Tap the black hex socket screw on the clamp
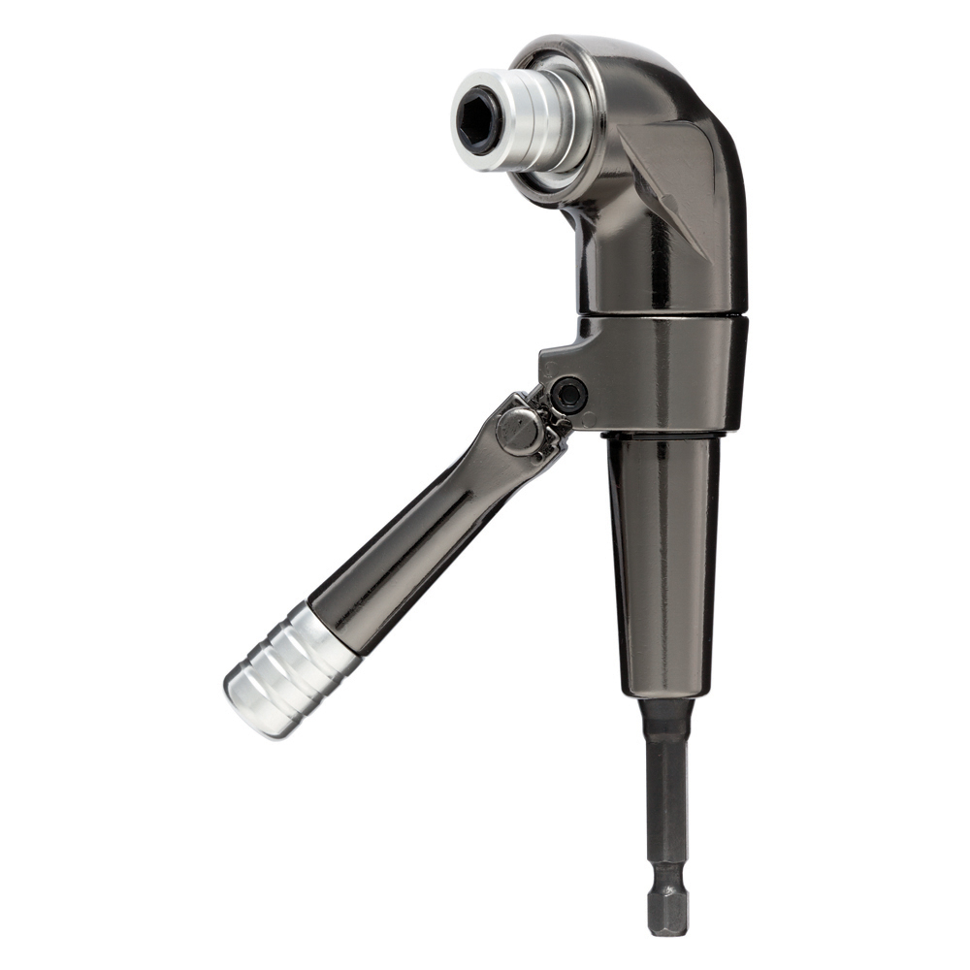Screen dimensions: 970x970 click(567, 394)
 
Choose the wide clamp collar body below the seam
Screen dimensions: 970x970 click(669, 373)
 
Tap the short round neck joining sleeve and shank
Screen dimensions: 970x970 click(667, 713)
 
